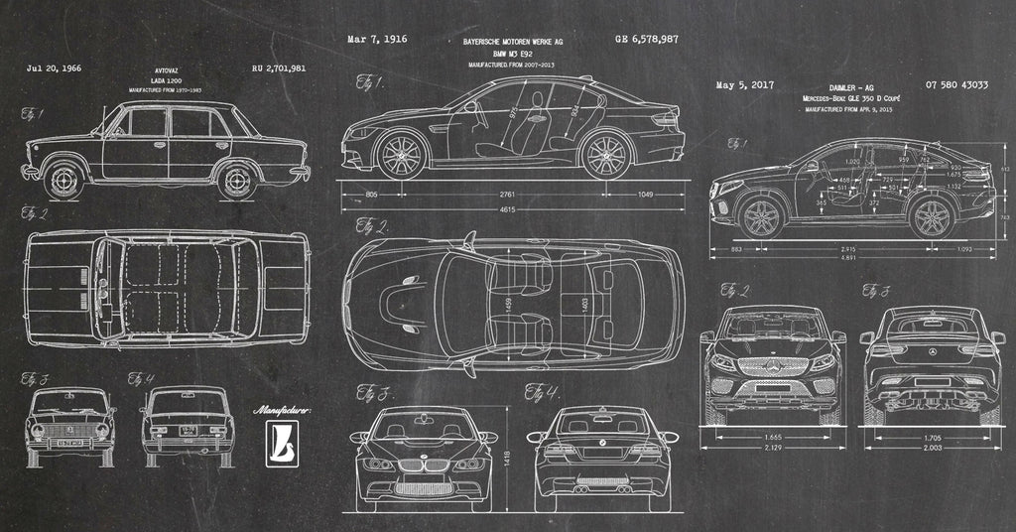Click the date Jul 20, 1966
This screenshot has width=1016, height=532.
(55, 69)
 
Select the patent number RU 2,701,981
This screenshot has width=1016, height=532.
(279, 69)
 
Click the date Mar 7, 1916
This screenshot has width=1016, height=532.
(377, 40)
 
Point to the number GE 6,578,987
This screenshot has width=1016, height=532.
(647, 40)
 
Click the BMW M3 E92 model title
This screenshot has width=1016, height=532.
(513, 54)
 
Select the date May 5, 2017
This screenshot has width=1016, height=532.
(744, 85)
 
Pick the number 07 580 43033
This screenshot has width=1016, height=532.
(956, 85)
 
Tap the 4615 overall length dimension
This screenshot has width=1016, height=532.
(506, 210)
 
